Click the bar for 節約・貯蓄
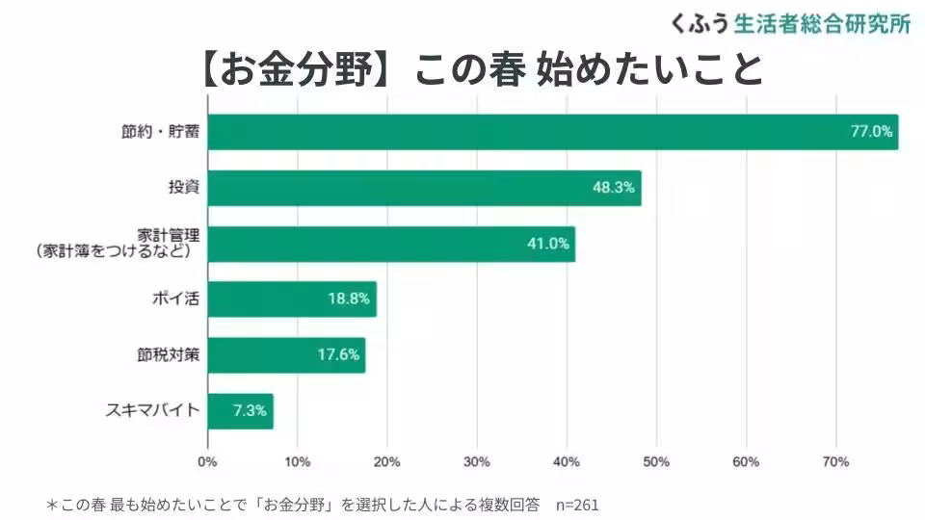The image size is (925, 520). [552, 132]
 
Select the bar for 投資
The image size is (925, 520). [424, 188]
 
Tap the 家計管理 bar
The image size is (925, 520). [391, 244]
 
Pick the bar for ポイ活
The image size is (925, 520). [291, 299]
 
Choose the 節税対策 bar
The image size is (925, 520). [286, 354]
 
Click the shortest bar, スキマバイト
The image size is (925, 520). [240, 410]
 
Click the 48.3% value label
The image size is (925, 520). [614, 188]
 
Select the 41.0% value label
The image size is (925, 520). [547, 244]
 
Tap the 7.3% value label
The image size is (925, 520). [250, 410]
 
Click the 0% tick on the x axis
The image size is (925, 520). [207, 462]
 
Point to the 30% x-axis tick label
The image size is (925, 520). [476, 462]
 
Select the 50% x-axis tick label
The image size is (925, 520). [656, 462]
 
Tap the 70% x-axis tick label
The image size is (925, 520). [835, 462]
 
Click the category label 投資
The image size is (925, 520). [183, 188]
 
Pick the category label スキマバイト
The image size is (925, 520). [152, 410]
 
